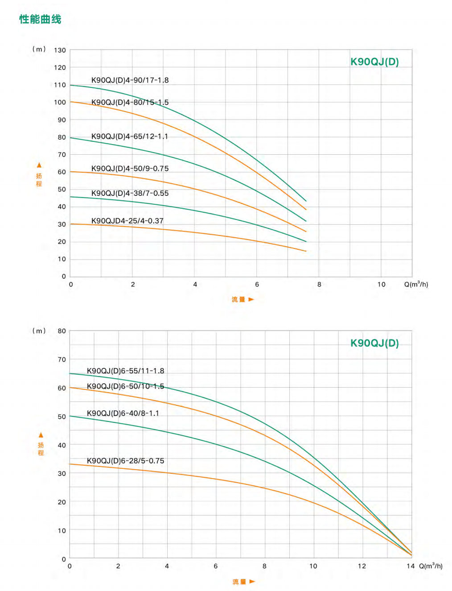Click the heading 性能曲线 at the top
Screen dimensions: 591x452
(x=40, y=19)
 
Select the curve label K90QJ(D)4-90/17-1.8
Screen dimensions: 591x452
(x=130, y=80)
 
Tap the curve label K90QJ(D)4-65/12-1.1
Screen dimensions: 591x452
(x=129, y=136)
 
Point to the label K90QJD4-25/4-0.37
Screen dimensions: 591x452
(x=127, y=221)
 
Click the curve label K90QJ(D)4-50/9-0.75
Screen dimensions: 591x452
(x=130, y=169)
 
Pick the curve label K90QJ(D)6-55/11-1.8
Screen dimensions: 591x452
(x=125, y=371)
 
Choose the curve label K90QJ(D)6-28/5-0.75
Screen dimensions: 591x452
(x=125, y=461)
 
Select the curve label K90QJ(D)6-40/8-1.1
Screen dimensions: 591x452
(x=123, y=413)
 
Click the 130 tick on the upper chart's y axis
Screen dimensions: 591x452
(x=60, y=50)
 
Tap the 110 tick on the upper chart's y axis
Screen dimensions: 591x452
(x=60, y=85)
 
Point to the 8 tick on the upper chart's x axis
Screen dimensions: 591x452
(x=319, y=285)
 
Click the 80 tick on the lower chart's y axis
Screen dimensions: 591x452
(x=62, y=331)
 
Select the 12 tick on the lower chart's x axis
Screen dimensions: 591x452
(x=362, y=566)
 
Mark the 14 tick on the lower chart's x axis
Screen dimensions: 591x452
(x=410, y=566)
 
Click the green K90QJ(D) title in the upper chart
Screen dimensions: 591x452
(x=374, y=62)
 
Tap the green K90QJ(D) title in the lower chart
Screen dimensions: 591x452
(x=374, y=343)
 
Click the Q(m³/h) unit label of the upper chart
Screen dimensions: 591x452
(x=416, y=285)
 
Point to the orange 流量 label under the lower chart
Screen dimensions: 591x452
(x=239, y=582)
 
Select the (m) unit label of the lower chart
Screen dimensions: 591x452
(x=39, y=331)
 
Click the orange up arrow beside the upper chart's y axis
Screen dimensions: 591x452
(x=39, y=165)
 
